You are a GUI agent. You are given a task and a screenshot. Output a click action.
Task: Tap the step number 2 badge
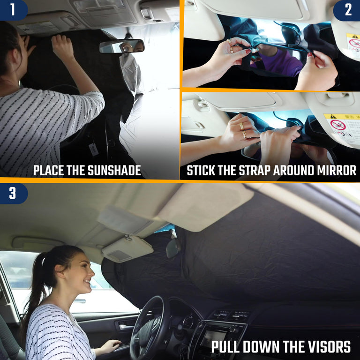[x=348, y=10]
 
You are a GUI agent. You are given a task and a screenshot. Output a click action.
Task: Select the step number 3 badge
[x=12, y=193]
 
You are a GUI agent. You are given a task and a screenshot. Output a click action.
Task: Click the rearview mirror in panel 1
[x=121, y=46]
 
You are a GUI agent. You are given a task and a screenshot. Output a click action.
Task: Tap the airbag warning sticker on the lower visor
[x=341, y=128]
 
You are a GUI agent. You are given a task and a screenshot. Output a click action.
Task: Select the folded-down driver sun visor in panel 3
[x=127, y=249]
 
